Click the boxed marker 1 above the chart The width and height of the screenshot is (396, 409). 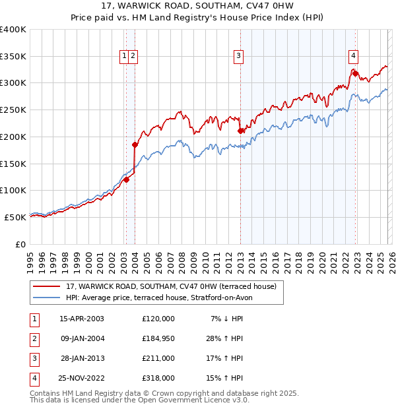click(x=123, y=57)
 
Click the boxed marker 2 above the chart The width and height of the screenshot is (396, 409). click(x=133, y=57)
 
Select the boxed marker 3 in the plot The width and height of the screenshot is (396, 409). click(x=238, y=57)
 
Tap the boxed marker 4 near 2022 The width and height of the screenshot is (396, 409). click(x=354, y=57)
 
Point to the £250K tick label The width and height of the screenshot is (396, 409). click(x=13, y=110)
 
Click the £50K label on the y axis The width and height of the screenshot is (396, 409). click(x=16, y=217)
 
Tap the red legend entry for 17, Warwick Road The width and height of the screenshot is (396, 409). click(x=171, y=286)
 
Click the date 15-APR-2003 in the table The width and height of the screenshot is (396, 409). click(x=82, y=319)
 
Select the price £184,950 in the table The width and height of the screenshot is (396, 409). click(x=158, y=338)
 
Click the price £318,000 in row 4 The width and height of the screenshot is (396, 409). click(x=158, y=378)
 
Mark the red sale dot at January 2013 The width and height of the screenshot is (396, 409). click(x=240, y=131)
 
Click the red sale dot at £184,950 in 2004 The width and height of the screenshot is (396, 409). click(x=135, y=144)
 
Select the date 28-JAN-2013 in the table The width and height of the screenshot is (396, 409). click(x=82, y=358)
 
